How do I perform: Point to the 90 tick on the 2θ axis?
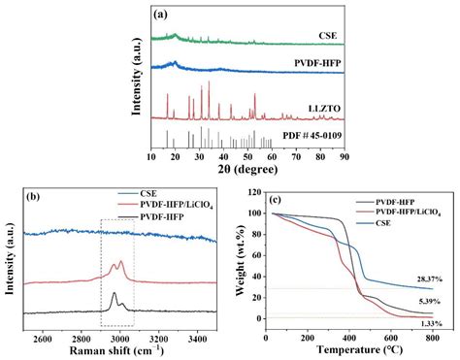[x=345, y=154]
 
